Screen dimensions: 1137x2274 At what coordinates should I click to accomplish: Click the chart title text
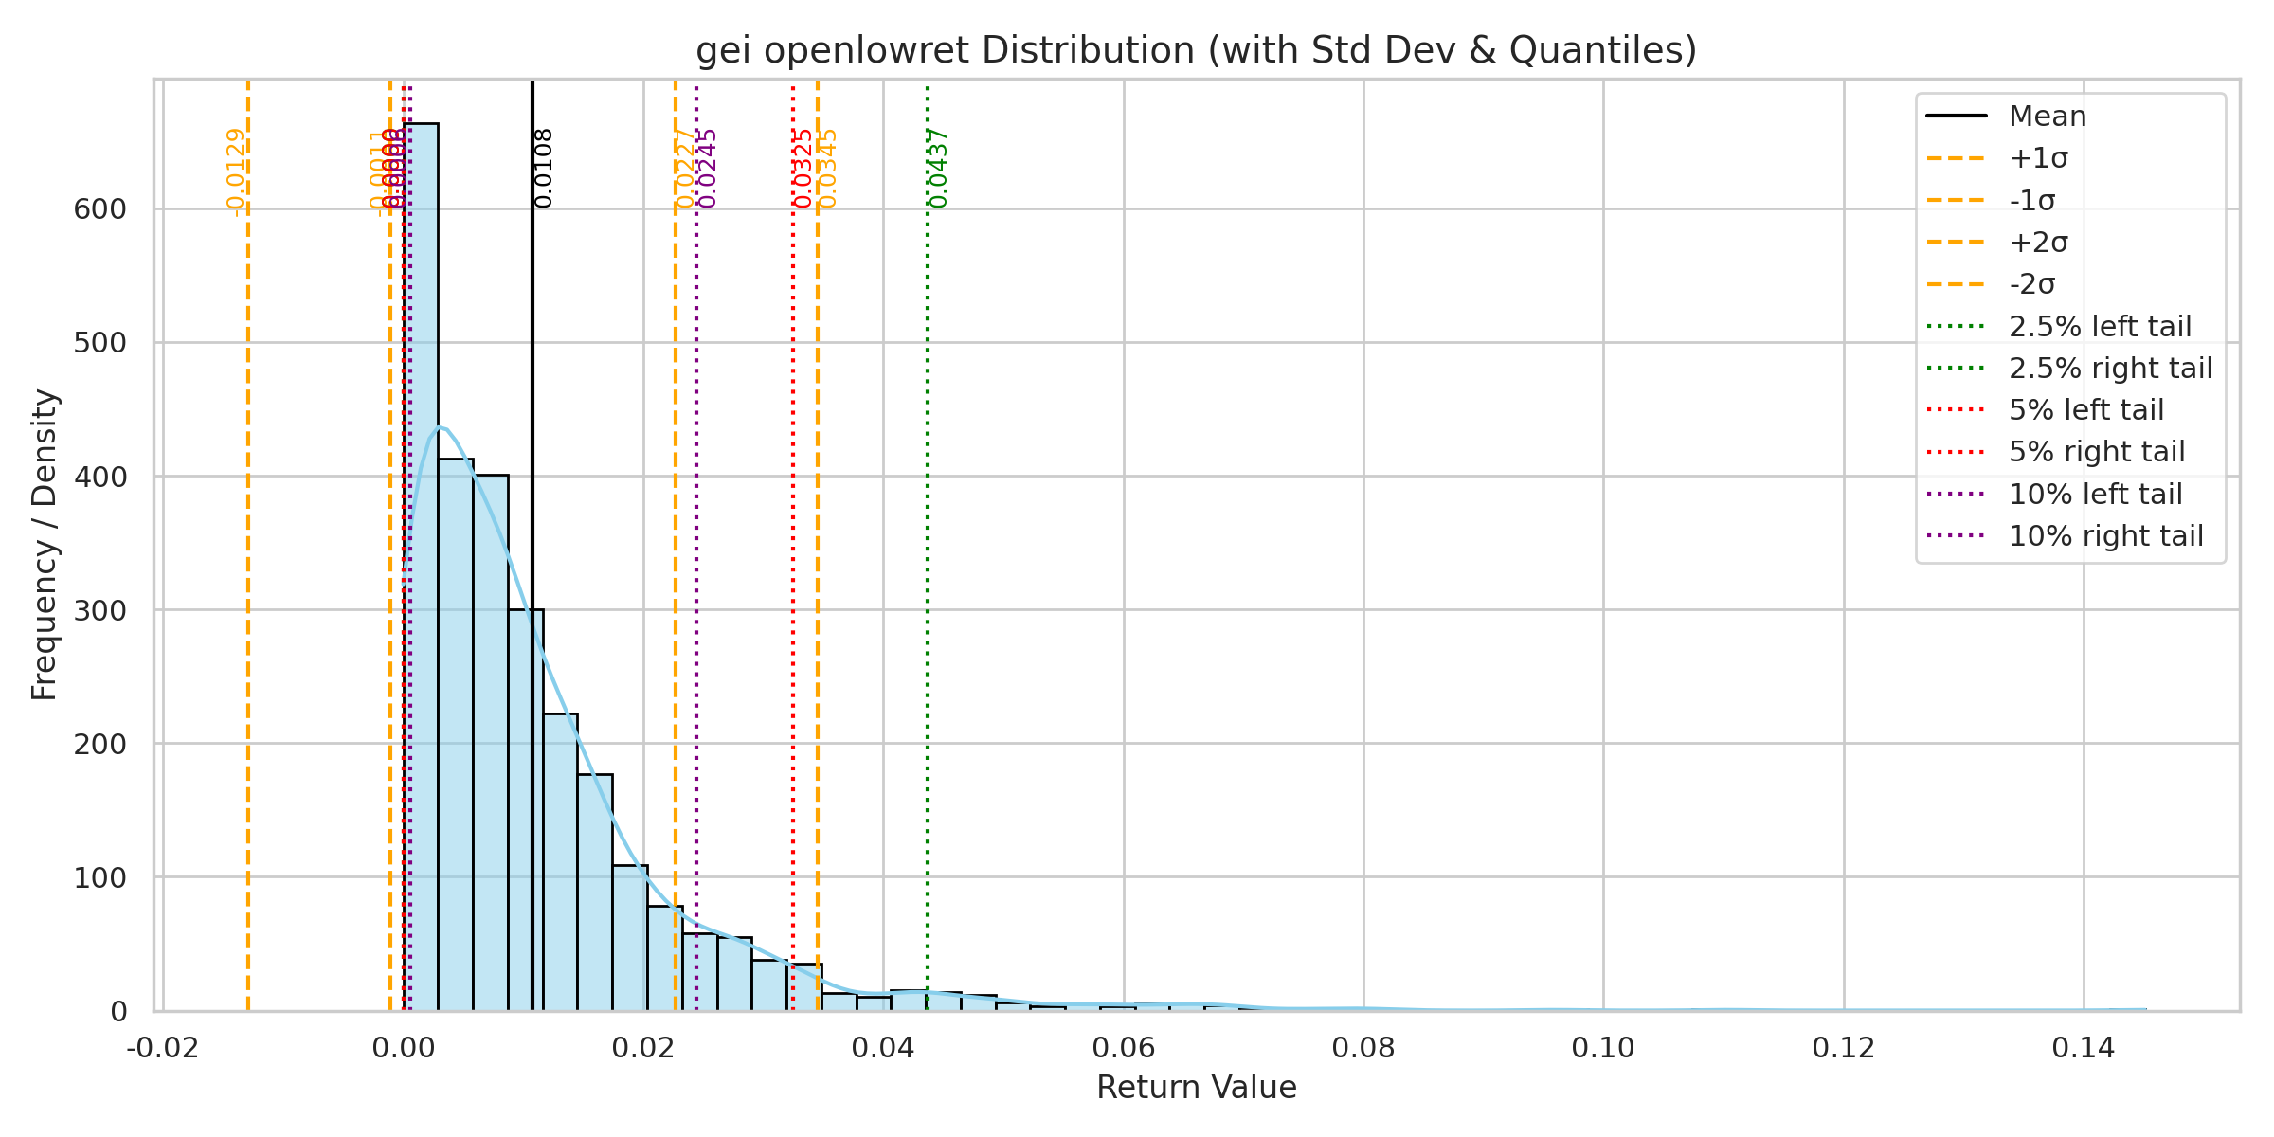point(1196,50)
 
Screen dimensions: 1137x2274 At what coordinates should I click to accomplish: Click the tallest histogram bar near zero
point(421,568)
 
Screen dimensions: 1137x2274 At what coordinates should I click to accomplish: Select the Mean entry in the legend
point(2047,117)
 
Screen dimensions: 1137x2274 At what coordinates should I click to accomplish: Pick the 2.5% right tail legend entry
point(2110,368)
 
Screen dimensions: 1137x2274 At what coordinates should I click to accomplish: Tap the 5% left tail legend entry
point(2085,410)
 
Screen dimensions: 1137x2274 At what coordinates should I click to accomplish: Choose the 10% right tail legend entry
point(2105,536)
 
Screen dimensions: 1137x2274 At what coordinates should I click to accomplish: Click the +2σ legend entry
point(2038,243)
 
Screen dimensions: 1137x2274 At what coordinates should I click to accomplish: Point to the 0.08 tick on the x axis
point(1363,1048)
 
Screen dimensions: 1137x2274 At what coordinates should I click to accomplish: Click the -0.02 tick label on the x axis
point(163,1048)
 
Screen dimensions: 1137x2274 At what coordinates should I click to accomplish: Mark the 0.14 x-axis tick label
point(2084,1048)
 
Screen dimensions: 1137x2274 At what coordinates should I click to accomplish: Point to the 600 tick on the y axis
point(99,209)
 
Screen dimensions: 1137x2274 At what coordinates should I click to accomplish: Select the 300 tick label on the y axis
point(99,611)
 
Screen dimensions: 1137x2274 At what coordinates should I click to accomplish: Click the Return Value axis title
point(1196,1088)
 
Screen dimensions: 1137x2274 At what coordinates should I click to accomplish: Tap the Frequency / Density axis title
point(45,545)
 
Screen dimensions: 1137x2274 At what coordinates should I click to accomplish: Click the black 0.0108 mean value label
point(544,169)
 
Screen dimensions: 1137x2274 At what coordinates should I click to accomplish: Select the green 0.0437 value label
point(939,169)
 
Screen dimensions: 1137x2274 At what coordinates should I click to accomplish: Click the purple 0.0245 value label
point(708,169)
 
